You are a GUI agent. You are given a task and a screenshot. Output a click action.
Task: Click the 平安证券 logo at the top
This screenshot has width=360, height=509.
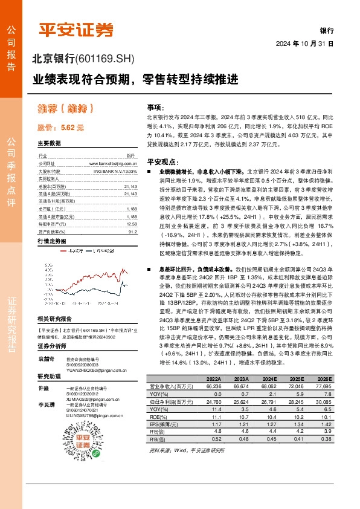76,30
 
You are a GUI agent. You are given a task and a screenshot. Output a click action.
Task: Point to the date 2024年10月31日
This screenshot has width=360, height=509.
304,44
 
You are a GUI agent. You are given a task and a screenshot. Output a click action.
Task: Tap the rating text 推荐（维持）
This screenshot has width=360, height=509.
66,109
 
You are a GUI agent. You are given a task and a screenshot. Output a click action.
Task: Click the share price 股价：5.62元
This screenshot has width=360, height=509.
60,128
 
